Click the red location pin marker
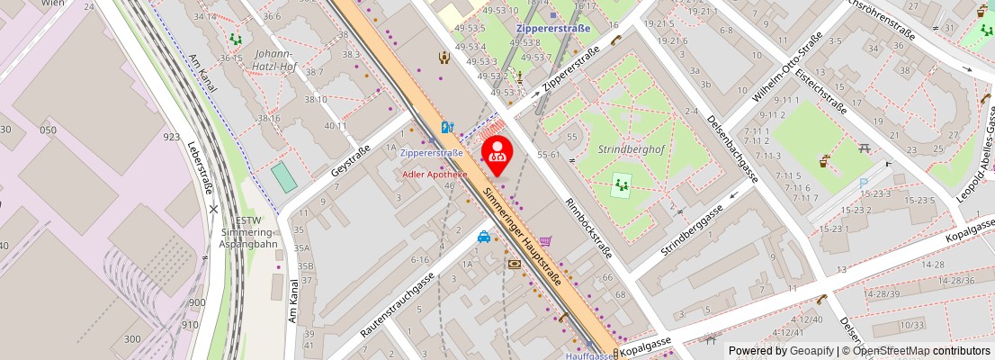coord(497,153)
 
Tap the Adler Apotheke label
coord(435,174)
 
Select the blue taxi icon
coord(484,237)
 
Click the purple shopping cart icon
coord(545,241)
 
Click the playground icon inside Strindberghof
coord(620,186)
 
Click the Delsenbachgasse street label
coord(732,149)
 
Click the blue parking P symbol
coord(864,183)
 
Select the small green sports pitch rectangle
coord(284,176)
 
